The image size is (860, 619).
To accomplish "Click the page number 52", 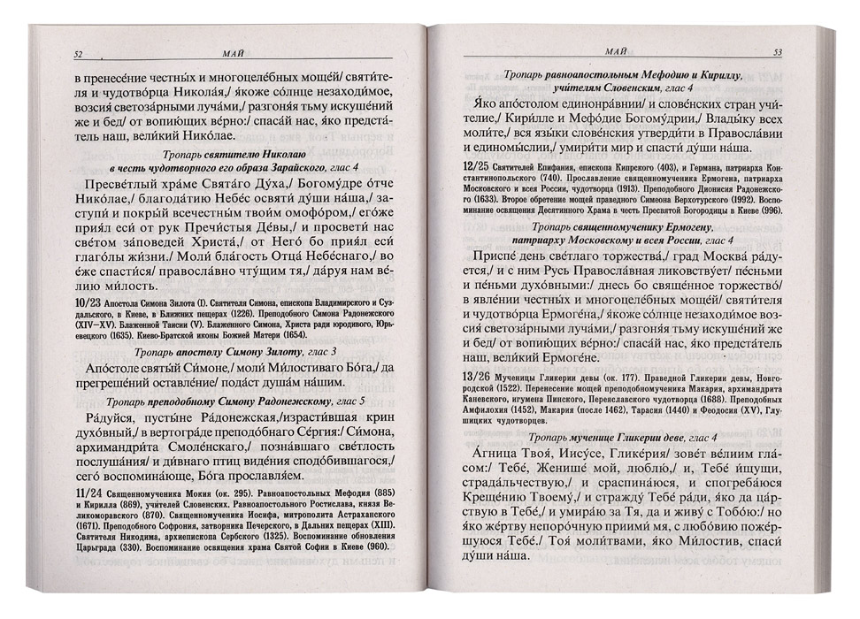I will coord(78,54).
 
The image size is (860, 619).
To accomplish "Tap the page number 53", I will coord(778,53).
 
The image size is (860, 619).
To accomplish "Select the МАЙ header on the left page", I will coord(236,54).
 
